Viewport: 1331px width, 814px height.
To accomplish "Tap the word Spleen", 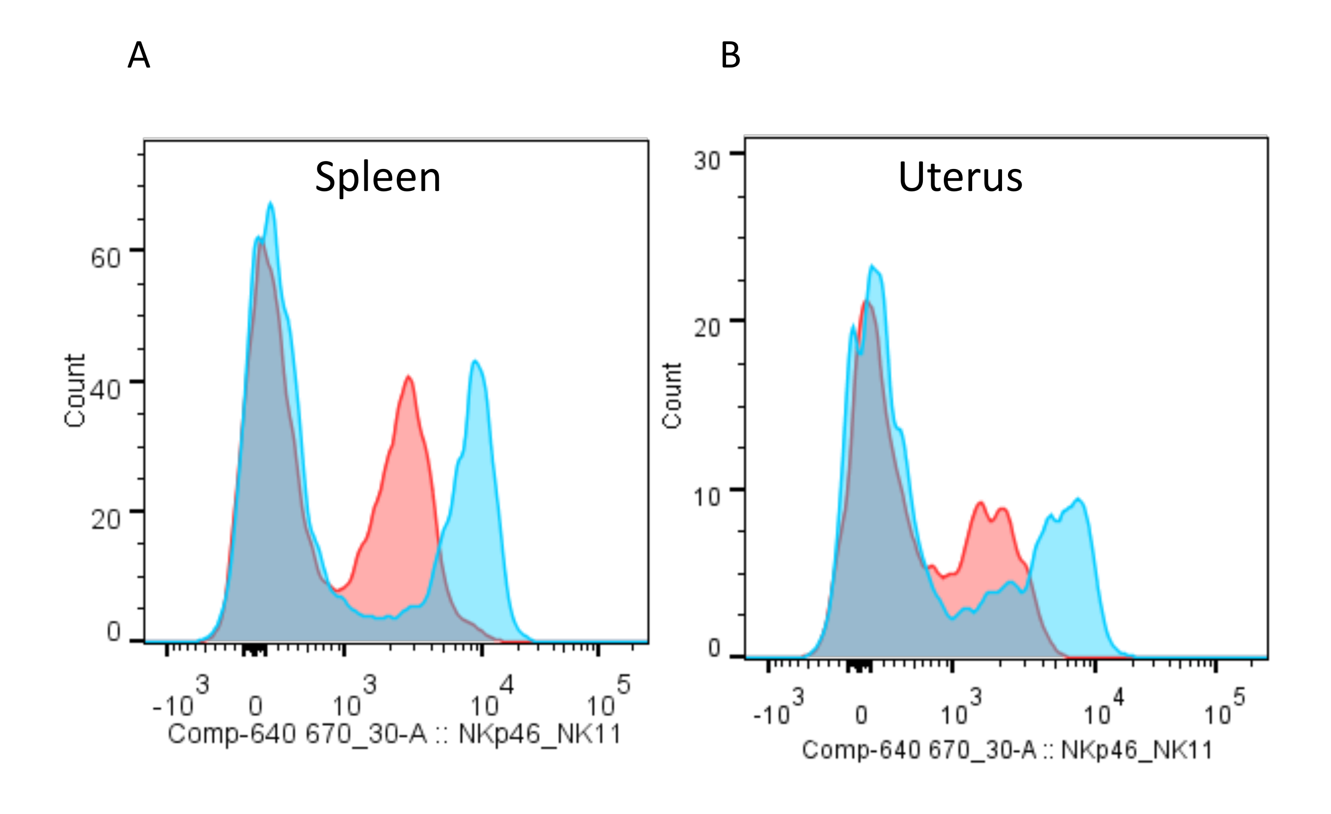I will (x=377, y=177).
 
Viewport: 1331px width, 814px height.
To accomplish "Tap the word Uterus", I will (x=960, y=177).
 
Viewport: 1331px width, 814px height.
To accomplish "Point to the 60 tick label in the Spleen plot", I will (x=105, y=258).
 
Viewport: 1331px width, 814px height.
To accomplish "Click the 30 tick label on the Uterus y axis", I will (x=707, y=161).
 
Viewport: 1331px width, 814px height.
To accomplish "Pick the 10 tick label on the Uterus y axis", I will (x=707, y=497).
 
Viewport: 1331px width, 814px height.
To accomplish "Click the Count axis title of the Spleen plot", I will (x=74, y=390).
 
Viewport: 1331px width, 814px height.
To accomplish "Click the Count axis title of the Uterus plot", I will (x=672, y=396).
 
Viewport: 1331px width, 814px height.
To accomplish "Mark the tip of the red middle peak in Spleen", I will (x=409, y=376).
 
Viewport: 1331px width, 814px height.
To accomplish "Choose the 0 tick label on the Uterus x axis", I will (x=861, y=715).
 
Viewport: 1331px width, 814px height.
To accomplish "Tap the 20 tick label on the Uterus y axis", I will (x=707, y=328).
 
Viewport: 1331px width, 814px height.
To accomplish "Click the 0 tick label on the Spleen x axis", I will (x=255, y=706).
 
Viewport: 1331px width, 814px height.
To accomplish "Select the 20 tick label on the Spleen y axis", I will (x=105, y=519).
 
